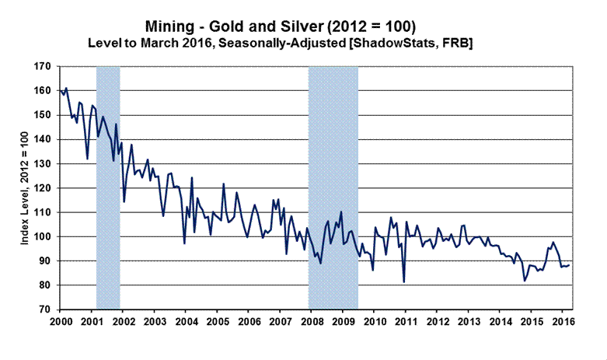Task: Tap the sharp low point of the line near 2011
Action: (404, 281)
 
